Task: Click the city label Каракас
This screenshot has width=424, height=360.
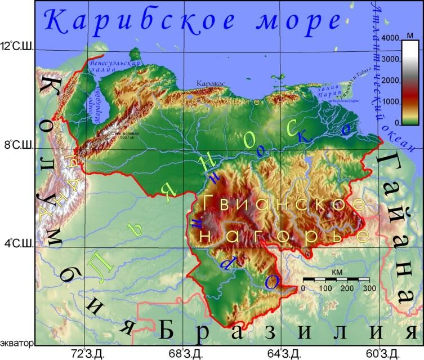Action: [211, 83]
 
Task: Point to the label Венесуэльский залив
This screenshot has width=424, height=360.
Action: [107, 69]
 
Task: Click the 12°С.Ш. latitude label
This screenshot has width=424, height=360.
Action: [17, 46]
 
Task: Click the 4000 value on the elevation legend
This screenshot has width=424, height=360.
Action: [390, 38]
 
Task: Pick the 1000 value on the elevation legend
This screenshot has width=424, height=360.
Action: [390, 102]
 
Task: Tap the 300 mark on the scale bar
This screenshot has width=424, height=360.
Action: [369, 288]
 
